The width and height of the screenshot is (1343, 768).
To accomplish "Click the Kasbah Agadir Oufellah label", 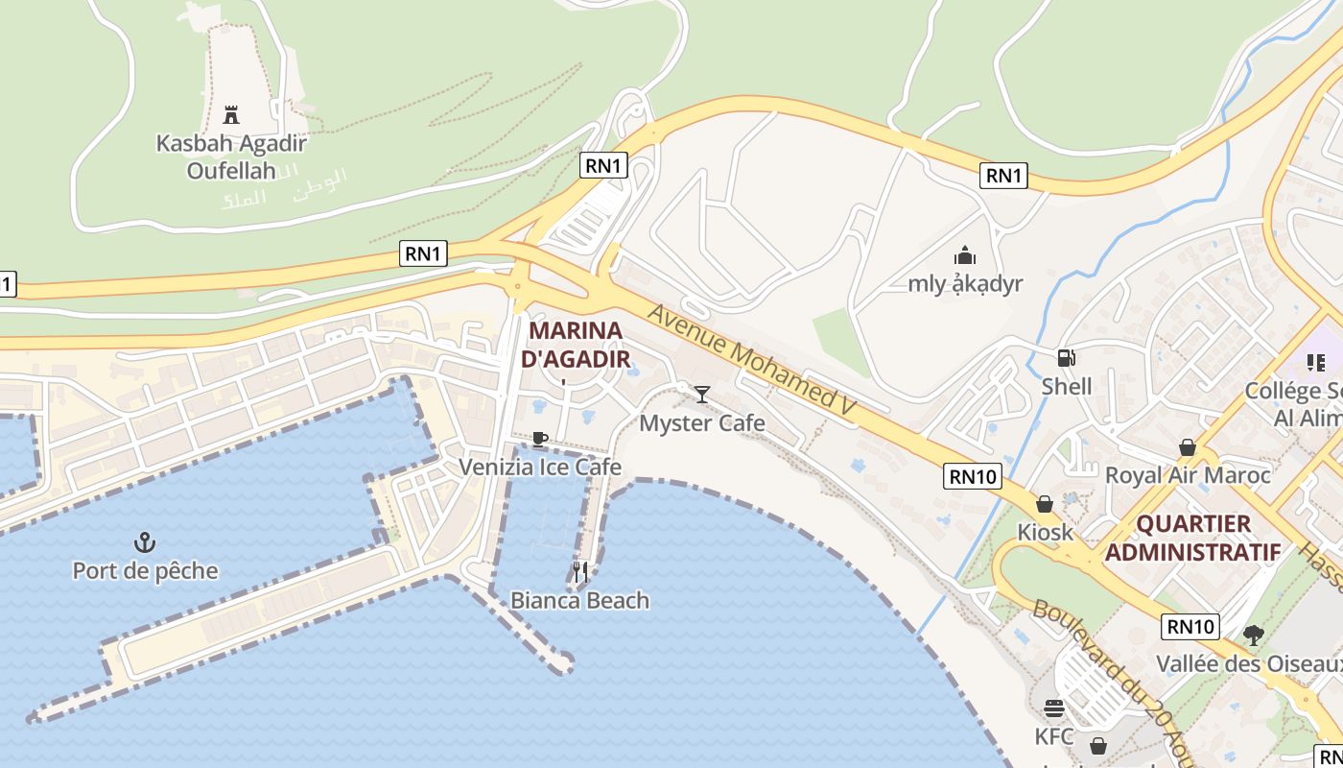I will coord(231,157).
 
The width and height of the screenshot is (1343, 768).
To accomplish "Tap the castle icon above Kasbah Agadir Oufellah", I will coord(231,115).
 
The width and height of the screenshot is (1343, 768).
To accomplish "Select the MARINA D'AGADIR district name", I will coord(576,346).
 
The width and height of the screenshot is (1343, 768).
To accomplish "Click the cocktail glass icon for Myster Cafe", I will coord(702,394).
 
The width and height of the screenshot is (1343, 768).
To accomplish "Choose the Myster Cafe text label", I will coord(702,423).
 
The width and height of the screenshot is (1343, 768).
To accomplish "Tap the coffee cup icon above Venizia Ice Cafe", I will coord(540,439).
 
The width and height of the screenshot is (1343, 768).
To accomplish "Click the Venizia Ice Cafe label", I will coord(540,468).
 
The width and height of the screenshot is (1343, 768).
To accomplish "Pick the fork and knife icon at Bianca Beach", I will coord(579,572).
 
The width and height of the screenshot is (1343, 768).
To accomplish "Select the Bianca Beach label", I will coord(579,601).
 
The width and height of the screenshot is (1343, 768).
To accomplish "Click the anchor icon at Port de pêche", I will coord(145,542).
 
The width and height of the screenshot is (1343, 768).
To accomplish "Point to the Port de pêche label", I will coord(145,571).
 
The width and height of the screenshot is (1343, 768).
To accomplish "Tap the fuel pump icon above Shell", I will coord(1066,358).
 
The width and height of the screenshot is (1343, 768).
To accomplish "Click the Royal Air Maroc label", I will coord(1188,475).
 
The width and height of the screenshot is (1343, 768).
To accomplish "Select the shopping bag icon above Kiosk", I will coord(1045,504).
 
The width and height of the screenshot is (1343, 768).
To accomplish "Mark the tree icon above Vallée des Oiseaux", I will coord(1253,635).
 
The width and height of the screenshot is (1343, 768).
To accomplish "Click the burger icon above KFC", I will coord(1054,708).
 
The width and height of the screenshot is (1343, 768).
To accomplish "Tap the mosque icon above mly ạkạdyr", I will coord(965,255).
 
